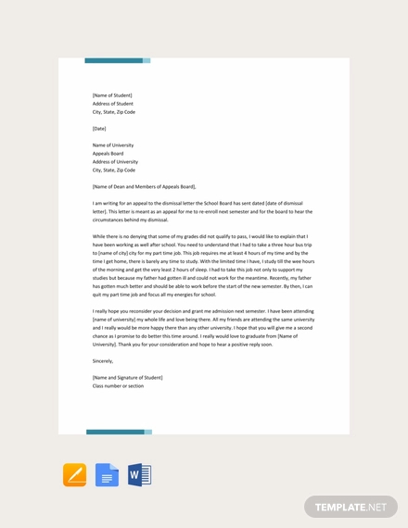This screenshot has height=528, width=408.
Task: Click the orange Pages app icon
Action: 74,475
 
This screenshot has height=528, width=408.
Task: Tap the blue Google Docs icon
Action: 107,475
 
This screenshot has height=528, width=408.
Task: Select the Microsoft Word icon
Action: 139,475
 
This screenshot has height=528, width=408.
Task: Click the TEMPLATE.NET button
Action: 351,507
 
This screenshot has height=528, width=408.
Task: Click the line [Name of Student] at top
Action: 112,94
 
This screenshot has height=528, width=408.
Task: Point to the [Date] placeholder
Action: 99,128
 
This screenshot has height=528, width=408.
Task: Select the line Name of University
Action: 113,145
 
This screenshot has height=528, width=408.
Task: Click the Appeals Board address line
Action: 108,153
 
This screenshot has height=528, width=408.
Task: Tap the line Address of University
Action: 115,161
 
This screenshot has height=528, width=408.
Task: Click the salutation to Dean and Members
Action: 144,186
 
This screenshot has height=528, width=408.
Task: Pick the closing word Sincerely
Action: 103,360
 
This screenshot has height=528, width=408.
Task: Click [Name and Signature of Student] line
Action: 127,377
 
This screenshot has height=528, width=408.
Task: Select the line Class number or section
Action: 118,385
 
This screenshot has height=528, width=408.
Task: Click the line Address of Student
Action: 112,103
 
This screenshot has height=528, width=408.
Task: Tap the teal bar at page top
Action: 117,60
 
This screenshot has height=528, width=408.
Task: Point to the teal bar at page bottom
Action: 119,432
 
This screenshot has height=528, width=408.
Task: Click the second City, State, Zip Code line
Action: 113,170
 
